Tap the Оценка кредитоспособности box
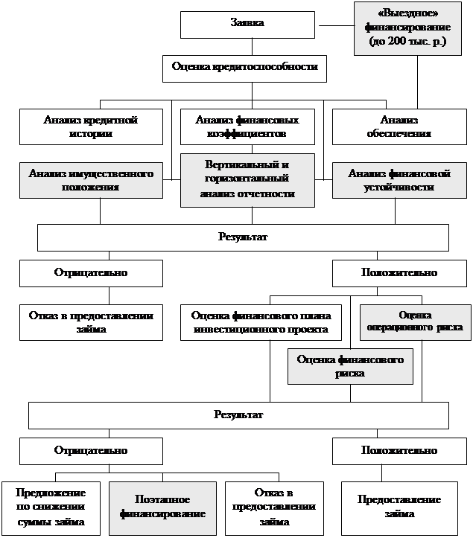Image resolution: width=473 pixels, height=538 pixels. tap(244, 68)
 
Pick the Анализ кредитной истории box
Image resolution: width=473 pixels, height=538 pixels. tap(91, 127)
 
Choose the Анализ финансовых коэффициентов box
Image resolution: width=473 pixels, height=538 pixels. tap(248, 127)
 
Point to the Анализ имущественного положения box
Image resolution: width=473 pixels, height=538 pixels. tap(91, 180)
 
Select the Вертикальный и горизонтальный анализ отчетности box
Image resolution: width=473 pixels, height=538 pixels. tap(248, 181)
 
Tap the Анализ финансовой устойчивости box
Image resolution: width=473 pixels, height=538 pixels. tap(399, 180)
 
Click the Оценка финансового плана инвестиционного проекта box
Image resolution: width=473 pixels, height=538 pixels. tap(261, 321)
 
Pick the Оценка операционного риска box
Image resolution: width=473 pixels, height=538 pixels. tap(415, 321)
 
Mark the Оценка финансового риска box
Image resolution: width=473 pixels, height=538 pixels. tap(350, 366)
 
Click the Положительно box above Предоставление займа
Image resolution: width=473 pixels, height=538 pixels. tap(399, 451)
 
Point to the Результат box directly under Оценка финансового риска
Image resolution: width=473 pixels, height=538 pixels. tap(238, 415)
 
